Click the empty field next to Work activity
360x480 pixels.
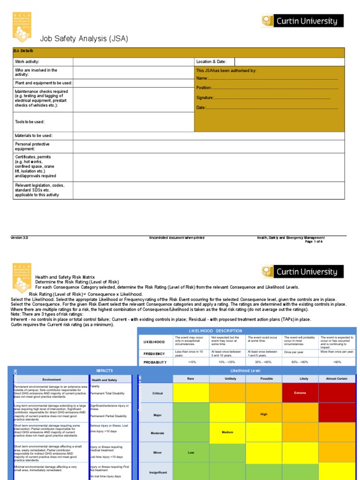click(x=133, y=62)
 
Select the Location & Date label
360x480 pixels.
click(x=211, y=62)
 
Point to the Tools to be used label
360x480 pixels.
click(x=30, y=122)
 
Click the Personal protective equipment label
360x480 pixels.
click(x=32, y=146)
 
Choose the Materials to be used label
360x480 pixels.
click(x=37, y=135)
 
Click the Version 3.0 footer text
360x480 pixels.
click(x=20, y=238)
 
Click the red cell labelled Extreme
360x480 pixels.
click(x=300, y=392)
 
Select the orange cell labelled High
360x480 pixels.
click(x=263, y=414)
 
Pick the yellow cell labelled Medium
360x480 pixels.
click(x=227, y=432)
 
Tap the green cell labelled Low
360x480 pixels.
click(x=191, y=453)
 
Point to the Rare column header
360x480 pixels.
click(x=191, y=378)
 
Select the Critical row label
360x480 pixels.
click(x=157, y=393)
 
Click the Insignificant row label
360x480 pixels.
click(x=157, y=472)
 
